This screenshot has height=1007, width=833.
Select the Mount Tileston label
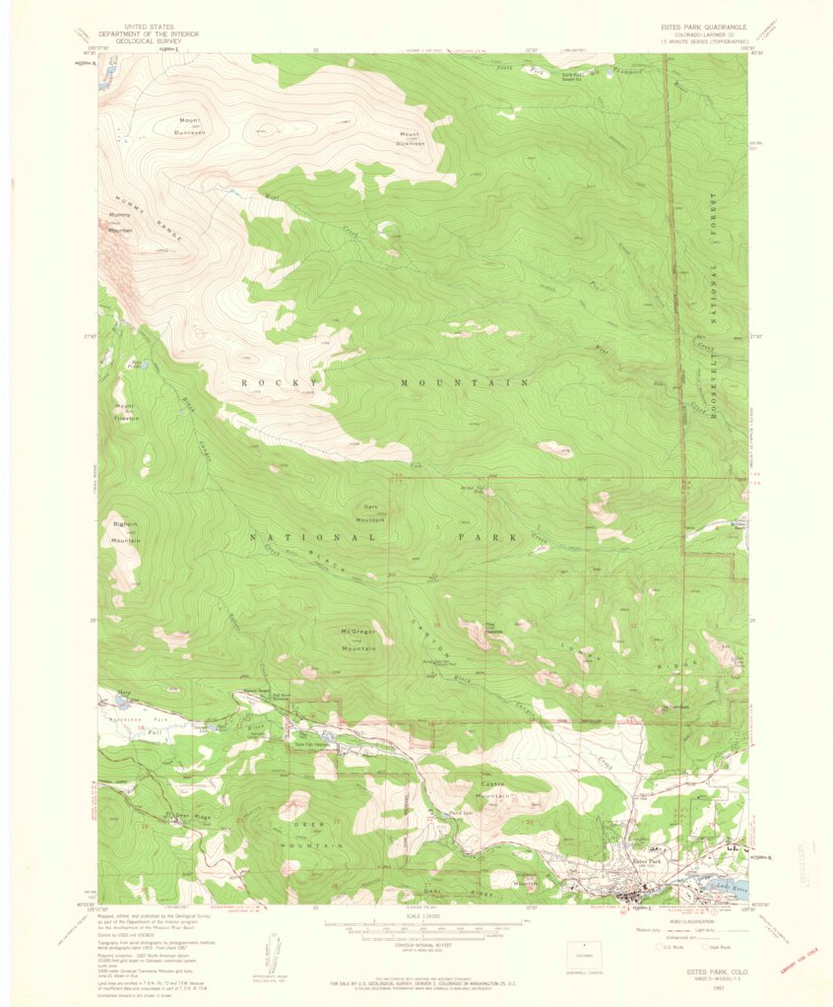point(125,412)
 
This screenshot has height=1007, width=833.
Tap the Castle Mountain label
point(495,788)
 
